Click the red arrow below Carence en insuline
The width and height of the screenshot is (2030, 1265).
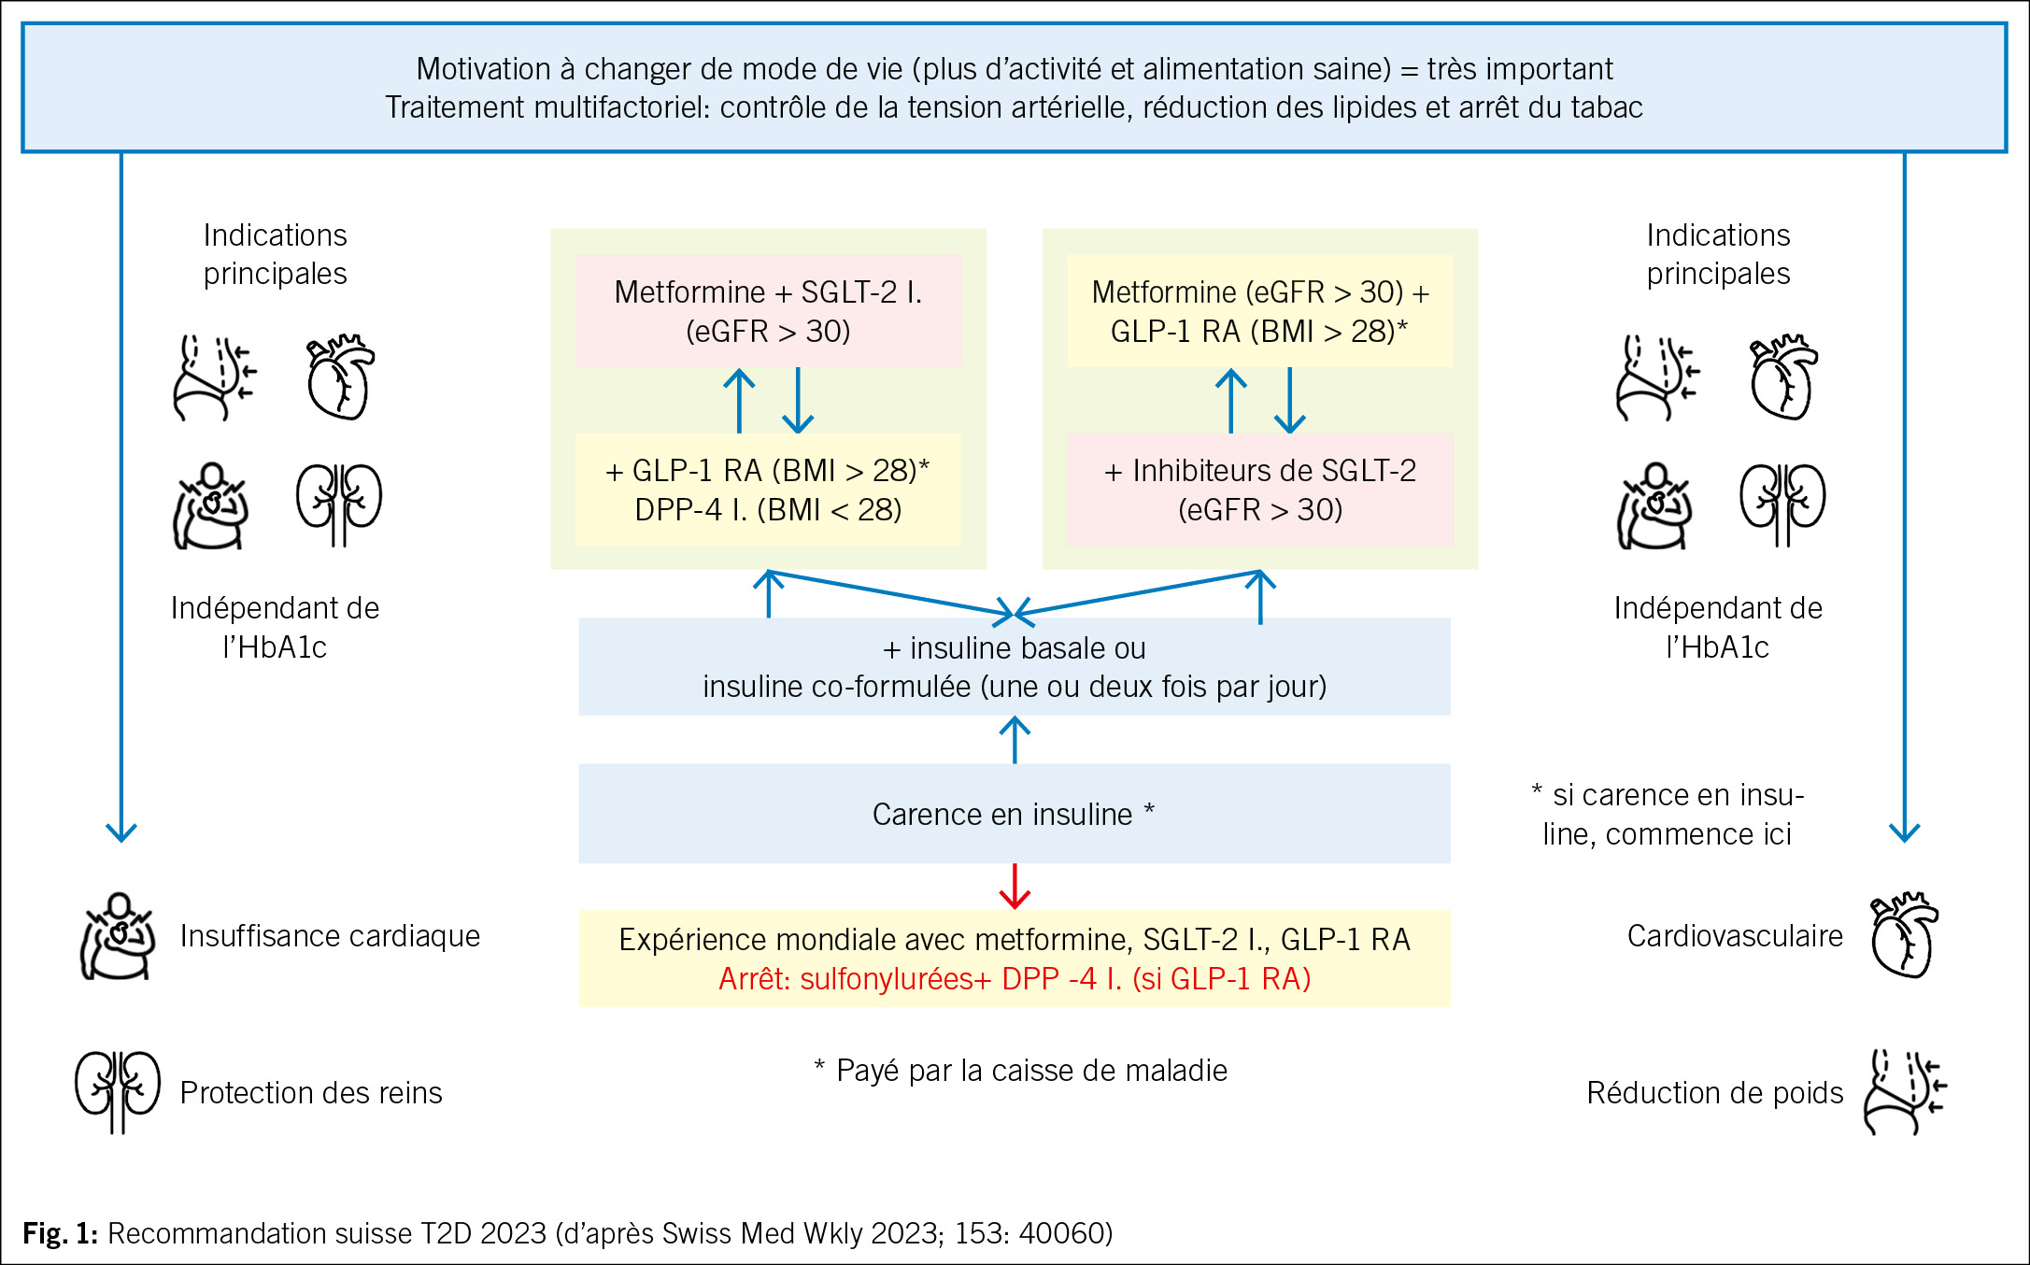[1015, 886]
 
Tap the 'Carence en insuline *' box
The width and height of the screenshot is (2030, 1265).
[1014, 814]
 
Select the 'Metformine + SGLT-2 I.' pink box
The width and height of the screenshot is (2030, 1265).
[768, 311]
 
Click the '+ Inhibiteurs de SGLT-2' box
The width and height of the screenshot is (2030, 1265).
[1259, 490]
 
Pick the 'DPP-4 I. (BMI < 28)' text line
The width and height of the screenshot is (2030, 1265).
[768, 510]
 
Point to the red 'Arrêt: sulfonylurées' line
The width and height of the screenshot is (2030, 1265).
[1015, 979]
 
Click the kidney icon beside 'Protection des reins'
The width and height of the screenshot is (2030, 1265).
[118, 1091]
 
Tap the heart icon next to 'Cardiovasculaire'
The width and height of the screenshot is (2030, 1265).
[1904, 935]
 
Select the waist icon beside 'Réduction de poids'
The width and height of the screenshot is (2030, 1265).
[1904, 1091]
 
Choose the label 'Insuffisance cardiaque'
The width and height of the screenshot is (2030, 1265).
[330, 936]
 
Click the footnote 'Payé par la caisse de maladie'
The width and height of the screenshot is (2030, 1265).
[1022, 1071]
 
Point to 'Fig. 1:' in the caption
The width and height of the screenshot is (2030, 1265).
[60, 1233]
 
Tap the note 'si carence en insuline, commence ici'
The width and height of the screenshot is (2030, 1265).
[1668, 814]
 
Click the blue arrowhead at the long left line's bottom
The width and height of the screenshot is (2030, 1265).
[121, 831]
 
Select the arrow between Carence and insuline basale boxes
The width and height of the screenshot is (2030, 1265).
[1015, 739]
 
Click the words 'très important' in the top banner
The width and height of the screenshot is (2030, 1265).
[1520, 69]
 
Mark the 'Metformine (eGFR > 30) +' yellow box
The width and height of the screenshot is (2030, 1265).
[1259, 311]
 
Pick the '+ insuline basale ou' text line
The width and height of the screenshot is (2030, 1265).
[1015, 648]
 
